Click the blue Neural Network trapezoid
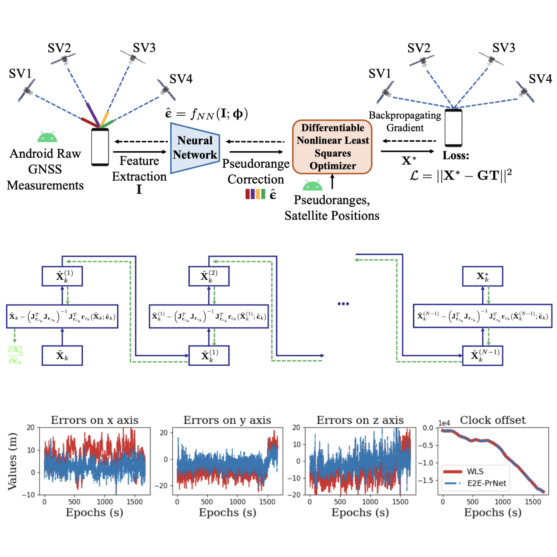point(194,148)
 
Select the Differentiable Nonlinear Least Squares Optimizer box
point(332,147)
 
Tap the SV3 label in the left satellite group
point(144,48)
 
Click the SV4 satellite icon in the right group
point(524,91)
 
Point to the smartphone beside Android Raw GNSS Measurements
point(100,147)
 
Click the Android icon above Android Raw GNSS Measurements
point(47,137)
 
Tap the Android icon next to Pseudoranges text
point(312,185)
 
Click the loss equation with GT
point(460,175)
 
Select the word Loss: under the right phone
point(456,156)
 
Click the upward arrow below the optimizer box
point(332,182)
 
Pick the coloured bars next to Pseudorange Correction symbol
point(255,194)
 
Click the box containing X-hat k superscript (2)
point(209,276)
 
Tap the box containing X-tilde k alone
point(62,356)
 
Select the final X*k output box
point(482,276)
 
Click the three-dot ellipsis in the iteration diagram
point(343,304)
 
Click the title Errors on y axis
point(227,420)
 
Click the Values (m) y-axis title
point(13,462)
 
